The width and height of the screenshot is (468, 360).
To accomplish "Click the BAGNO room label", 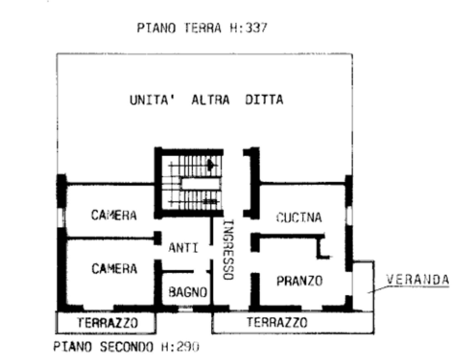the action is click(x=188, y=292).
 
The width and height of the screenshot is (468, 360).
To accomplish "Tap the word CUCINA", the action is click(x=299, y=217).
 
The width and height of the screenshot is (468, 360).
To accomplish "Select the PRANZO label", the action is click(x=300, y=281).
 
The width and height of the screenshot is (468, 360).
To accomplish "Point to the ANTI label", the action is click(x=183, y=248).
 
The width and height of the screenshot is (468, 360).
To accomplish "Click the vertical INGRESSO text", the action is click(x=228, y=249).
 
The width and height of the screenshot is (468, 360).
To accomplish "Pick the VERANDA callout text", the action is click(x=418, y=280).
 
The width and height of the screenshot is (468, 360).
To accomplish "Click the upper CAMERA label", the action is click(x=114, y=215).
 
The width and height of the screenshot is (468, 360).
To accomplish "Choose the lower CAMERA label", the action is click(x=114, y=269).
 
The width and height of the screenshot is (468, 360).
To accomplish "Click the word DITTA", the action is click(x=264, y=100).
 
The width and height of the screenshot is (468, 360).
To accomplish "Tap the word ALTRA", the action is click(x=211, y=100).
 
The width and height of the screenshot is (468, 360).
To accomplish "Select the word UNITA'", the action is click(x=153, y=100).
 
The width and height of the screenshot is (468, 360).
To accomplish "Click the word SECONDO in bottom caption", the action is click(x=127, y=347).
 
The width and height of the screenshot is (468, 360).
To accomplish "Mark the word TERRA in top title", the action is click(x=203, y=28).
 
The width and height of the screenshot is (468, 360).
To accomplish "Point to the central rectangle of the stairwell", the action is click(x=201, y=184).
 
